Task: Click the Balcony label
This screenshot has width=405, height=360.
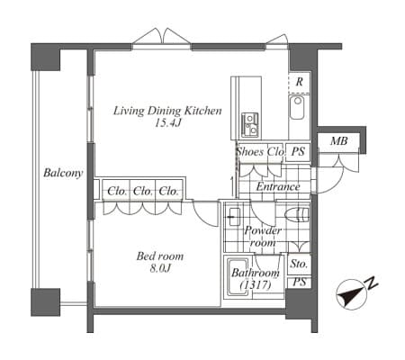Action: point(63,173)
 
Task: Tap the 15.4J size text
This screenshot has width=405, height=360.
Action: point(167,122)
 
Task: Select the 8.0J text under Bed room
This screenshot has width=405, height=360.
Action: point(160,268)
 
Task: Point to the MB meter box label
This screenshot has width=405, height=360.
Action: point(339,140)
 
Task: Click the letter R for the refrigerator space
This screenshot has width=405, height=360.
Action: point(299,82)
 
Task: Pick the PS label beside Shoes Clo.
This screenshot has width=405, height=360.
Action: point(298,151)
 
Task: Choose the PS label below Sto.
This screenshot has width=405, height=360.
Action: point(299,282)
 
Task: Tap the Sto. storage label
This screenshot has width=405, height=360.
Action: point(299,264)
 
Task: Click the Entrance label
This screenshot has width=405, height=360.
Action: point(278,186)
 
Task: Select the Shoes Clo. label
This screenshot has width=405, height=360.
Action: point(260,151)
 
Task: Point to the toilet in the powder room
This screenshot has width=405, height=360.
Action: point(297,215)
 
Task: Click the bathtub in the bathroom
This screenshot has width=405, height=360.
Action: point(238,277)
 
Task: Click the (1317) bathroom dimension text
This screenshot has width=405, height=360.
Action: point(256,284)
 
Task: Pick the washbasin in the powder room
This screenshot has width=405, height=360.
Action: point(233,217)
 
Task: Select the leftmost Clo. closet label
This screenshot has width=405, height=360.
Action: point(117,191)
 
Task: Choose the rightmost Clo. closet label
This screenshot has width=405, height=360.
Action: point(168,191)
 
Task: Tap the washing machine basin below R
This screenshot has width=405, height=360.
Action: point(297,107)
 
